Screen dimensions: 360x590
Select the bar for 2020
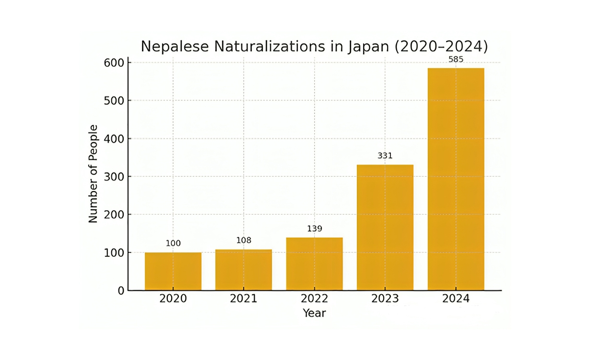(173, 271)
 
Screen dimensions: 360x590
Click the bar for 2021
(244, 270)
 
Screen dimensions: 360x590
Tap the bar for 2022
(314, 264)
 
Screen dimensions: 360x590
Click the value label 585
(456, 60)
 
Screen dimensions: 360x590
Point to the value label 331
(385, 156)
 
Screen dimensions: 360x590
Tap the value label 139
(314, 228)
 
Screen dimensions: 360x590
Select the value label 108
(244, 240)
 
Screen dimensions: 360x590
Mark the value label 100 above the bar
(173, 243)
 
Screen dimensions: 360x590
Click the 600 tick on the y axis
(114, 63)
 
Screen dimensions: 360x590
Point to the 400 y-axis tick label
(114, 139)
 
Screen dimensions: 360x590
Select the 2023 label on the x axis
(385, 299)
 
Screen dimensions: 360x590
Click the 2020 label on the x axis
(173, 299)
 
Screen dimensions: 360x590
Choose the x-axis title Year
(314, 313)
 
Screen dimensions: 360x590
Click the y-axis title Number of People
(93, 174)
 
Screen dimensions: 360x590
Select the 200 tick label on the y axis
(114, 215)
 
